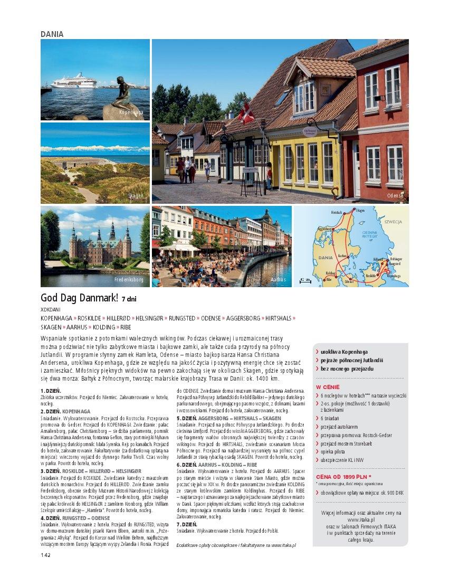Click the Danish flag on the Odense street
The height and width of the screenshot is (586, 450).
[x=246, y=112]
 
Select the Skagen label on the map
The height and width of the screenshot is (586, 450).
[x=360, y=211]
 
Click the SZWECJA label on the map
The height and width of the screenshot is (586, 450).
[x=393, y=222]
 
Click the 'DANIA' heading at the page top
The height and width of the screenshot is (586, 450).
[x=52, y=34]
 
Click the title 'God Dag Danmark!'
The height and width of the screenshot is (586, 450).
[x=80, y=298]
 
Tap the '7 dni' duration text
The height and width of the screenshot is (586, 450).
[x=129, y=299]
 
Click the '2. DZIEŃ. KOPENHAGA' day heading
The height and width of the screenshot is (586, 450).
[x=65, y=411]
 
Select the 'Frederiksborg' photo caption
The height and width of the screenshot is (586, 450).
[x=129, y=279]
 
